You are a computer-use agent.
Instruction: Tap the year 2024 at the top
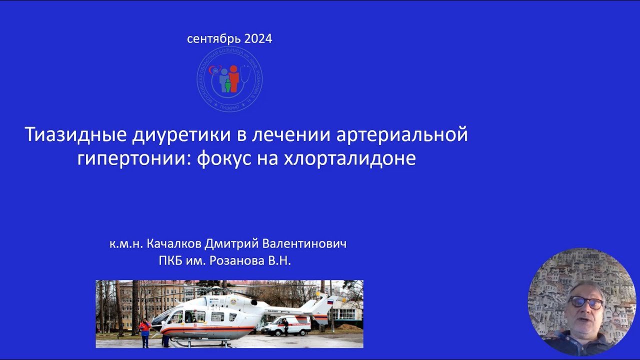point(258,39)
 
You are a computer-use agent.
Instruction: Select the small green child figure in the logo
point(227,85)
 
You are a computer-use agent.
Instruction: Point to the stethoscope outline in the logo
point(246,75)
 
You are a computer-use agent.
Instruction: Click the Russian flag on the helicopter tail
point(329,301)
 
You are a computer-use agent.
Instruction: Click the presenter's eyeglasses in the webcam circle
point(585,302)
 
